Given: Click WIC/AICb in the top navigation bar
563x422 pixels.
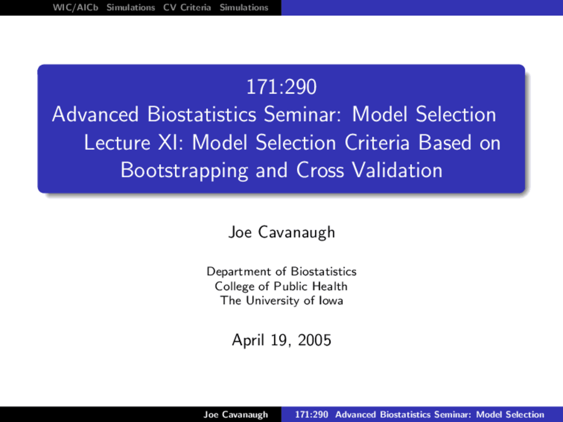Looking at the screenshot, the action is coord(75,7).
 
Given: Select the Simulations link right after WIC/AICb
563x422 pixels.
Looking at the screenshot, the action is coord(131,7).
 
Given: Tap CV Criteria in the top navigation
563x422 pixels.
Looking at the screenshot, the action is coord(187,7).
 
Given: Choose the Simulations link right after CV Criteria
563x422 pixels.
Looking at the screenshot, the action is coord(244,7).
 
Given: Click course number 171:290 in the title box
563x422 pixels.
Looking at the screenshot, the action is coord(281,87).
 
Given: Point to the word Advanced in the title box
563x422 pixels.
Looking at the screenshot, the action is coord(95,114).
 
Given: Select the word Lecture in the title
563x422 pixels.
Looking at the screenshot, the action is coord(117,142).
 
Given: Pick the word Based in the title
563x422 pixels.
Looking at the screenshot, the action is coord(445,142).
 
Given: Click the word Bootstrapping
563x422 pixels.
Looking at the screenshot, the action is coord(184,171).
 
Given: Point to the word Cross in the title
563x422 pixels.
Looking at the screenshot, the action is coord(320,171).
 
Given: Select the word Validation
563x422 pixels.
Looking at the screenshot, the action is coord(397,171).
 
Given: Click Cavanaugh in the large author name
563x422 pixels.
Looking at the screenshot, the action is coord(296,233).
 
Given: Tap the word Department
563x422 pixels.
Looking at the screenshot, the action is coord(238,272).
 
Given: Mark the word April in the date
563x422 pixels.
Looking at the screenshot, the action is coord(248,341).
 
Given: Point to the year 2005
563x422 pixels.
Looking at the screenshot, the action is coord(314,340).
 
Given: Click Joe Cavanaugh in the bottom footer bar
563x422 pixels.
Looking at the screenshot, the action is coord(236,415).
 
